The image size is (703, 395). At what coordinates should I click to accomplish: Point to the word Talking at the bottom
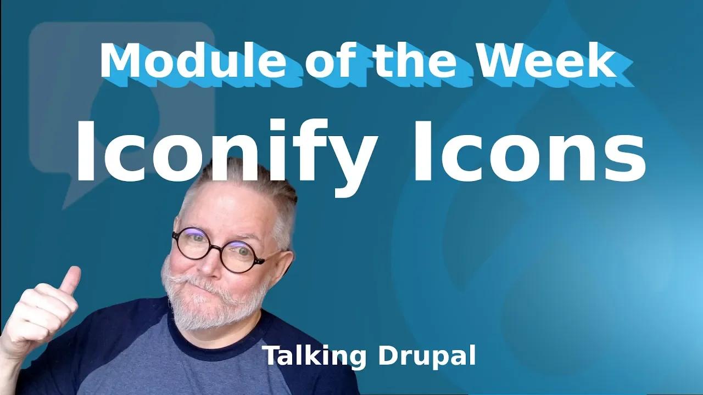314,357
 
